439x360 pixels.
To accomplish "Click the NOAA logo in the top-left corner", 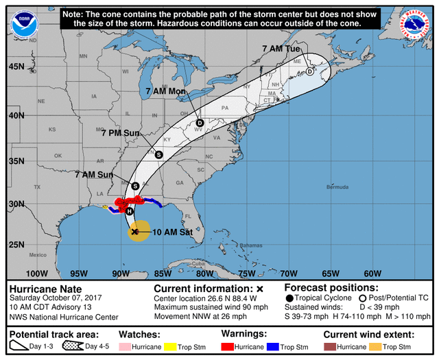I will click(25, 25).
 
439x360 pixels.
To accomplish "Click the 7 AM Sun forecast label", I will click(94, 175).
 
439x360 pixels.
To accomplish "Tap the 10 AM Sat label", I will click(172, 232).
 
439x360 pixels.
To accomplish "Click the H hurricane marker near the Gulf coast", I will click(130, 211).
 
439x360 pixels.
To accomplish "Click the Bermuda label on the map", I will click(337, 187).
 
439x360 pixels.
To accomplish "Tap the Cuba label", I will click(198, 263).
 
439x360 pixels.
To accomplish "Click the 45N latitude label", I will click(16, 67).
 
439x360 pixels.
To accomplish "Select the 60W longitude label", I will click(372, 274).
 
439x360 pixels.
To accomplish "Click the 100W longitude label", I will click(37, 274).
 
